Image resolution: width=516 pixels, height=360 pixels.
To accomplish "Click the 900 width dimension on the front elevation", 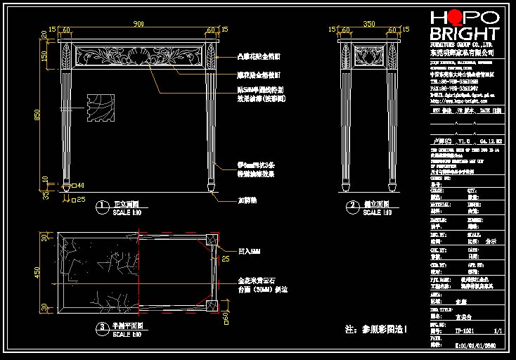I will [x=138, y=25].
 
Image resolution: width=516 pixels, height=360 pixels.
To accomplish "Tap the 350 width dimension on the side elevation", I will [x=368, y=25].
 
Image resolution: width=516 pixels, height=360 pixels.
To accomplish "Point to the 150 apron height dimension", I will [x=46, y=56].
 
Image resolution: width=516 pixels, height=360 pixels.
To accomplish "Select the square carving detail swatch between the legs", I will [x=100, y=109].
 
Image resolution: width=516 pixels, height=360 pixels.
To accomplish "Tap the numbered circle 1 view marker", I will [x=102, y=206].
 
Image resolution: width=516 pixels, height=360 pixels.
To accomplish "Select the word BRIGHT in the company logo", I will [x=464, y=34].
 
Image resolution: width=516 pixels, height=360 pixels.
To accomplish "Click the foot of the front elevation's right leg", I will [x=210, y=186].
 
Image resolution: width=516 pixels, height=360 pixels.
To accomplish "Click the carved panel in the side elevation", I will [x=368, y=54].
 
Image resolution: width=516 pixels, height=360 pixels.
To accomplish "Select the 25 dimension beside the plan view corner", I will [x=226, y=259].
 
